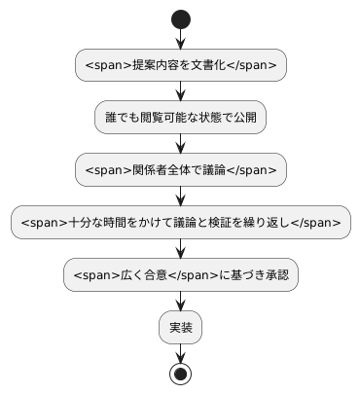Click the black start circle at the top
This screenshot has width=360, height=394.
[180, 18]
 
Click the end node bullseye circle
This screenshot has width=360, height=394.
[180, 374]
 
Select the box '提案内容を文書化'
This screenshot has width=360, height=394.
[180, 65]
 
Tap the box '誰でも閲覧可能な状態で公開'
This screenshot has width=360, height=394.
[180, 118]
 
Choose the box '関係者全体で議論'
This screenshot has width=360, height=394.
[180, 170]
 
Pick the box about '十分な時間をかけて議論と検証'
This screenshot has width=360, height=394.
[180, 223]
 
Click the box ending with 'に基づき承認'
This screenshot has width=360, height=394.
[180, 275]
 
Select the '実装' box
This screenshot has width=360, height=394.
[180, 328]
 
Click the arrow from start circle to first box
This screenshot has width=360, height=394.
[180, 39]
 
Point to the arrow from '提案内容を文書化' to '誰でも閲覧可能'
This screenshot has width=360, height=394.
[180, 91]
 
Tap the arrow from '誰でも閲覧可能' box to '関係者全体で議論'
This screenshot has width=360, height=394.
[180, 144]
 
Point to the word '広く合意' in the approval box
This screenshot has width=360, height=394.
[146, 275]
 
